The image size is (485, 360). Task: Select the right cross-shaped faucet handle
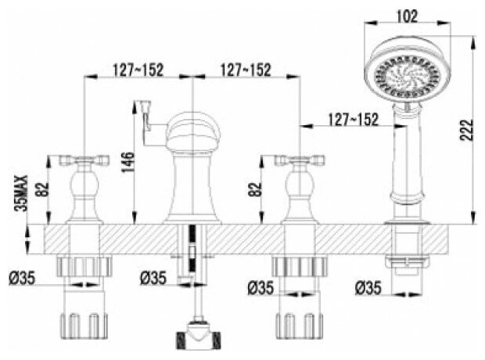pyautogui.click(x=298, y=162)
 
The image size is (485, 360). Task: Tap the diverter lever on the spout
pyautogui.click(x=145, y=117)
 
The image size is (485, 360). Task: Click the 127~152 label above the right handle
pyautogui.click(x=244, y=69)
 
